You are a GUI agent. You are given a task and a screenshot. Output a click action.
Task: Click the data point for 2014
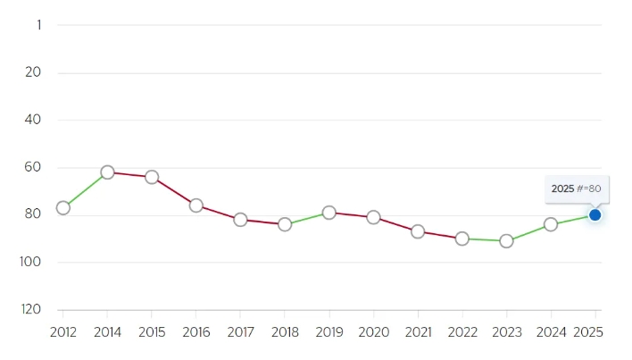point(107,172)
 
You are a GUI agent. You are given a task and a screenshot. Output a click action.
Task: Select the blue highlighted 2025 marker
point(595,215)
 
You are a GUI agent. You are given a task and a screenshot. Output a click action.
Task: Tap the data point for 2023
point(506,241)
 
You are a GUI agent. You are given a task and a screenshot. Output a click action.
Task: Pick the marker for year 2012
point(62,208)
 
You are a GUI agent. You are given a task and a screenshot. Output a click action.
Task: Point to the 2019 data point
point(328,213)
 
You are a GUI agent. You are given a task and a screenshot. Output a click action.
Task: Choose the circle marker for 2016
point(195,205)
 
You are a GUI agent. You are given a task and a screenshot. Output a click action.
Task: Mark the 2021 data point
point(418,231)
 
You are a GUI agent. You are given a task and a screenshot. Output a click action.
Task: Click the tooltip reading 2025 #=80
point(577,189)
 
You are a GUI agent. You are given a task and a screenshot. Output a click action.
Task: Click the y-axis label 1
point(39,25)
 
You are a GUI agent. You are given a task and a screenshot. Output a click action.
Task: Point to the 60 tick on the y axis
point(33,167)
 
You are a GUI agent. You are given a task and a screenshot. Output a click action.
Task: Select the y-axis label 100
point(30,262)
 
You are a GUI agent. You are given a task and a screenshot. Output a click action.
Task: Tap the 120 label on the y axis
point(31,310)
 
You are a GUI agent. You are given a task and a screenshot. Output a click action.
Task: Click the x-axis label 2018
point(285,332)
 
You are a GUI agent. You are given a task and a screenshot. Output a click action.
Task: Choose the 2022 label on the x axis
point(462,332)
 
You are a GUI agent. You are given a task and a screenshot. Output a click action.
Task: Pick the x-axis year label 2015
point(152,332)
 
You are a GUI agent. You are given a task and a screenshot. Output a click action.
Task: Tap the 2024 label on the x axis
point(551,332)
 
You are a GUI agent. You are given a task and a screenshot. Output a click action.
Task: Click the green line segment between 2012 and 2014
point(85,190)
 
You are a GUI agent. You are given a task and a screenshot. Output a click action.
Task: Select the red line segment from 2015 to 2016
point(174,191)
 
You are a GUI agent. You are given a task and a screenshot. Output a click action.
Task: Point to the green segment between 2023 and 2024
point(528,232)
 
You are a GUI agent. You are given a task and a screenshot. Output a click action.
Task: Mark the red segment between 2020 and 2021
point(395,224)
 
